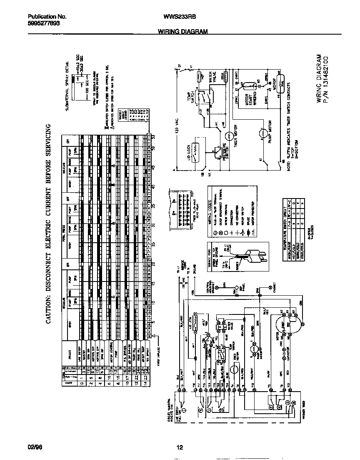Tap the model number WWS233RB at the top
(x=180, y=17)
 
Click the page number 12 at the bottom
(x=180, y=447)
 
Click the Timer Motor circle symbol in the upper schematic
(x=228, y=136)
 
